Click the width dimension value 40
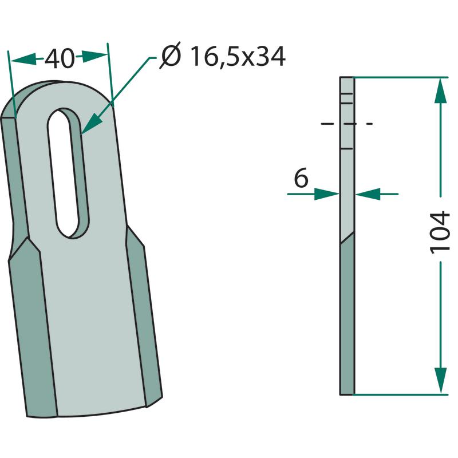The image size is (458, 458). click(x=60, y=59)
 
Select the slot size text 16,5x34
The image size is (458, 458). click(x=238, y=57)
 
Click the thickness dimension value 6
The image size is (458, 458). click(x=301, y=177)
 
